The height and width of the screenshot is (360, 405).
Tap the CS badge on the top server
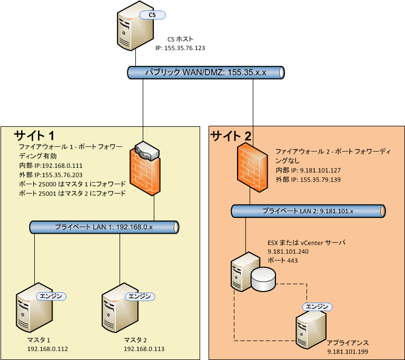(152, 15)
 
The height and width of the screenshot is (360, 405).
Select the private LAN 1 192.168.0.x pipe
(104, 227)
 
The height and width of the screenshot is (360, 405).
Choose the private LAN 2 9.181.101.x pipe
(308, 211)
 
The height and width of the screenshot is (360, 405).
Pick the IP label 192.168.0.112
(48, 349)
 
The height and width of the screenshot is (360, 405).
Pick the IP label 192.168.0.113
(144, 349)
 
